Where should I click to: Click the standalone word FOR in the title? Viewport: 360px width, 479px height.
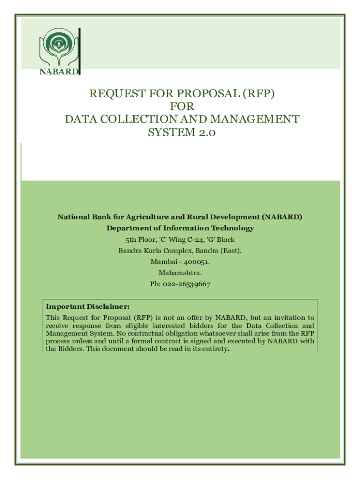pos(182,107)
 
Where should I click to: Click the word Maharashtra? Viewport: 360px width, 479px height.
pos(180,273)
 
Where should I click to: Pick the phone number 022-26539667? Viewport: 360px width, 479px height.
pos(187,284)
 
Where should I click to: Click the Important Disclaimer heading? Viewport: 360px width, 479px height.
pos(87,307)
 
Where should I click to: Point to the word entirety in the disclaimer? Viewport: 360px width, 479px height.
pos(213,349)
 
